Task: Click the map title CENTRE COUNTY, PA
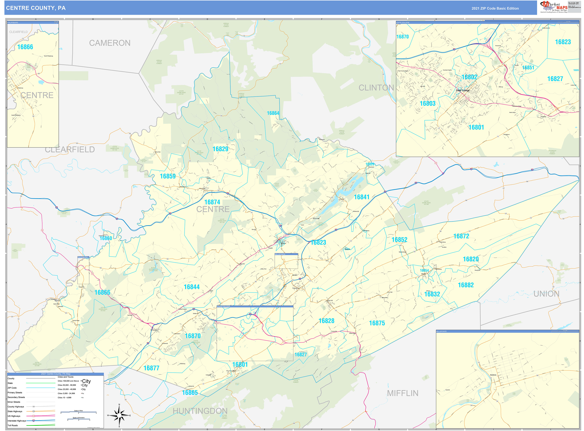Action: click(x=36, y=8)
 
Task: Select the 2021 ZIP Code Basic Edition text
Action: click(x=495, y=8)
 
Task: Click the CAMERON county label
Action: click(x=110, y=43)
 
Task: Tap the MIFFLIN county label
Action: click(x=402, y=393)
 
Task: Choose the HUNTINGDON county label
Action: click(x=200, y=411)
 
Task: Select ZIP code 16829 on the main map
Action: click(x=220, y=149)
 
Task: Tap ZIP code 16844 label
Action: click(x=191, y=287)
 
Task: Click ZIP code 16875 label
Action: click(x=377, y=323)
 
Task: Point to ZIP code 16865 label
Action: click(x=190, y=393)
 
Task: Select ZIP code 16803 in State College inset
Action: click(x=427, y=104)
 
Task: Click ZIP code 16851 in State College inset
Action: click(x=528, y=68)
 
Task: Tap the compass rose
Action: click(x=119, y=415)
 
